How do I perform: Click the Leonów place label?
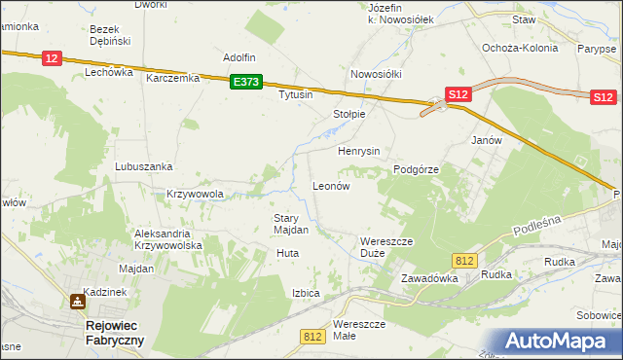click(x=330, y=185)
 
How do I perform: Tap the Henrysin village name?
click(x=358, y=152)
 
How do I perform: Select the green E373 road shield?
click(x=246, y=84)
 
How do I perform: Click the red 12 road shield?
click(x=53, y=59)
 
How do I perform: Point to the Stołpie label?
click(x=349, y=114)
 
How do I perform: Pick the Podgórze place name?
click(x=417, y=169)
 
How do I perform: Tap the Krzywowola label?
click(x=195, y=194)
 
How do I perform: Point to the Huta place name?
click(x=287, y=253)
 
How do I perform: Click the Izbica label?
click(x=306, y=292)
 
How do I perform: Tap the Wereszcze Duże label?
click(x=387, y=246)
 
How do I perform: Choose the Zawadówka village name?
click(x=429, y=278)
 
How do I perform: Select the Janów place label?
click(x=486, y=140)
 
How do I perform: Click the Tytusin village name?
click(x=296, y=95)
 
